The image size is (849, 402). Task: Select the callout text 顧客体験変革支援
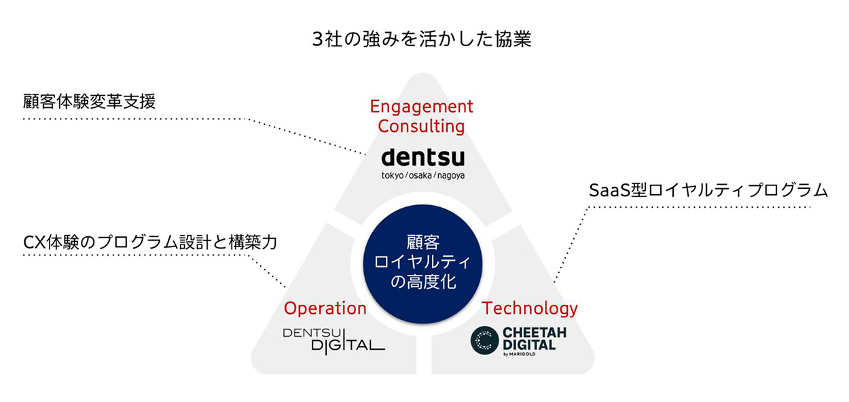point(89,102)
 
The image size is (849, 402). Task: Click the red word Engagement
point(422,107)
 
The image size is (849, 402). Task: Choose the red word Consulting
point(422,126)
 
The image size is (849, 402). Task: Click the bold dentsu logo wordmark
point(423,158)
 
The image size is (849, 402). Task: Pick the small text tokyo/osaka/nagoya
point(424,175)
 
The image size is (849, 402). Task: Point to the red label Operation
point(325,308)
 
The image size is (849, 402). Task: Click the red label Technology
point(530,308)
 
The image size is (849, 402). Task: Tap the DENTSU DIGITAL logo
point(333,340)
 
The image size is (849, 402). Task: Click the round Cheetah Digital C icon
point(484,340)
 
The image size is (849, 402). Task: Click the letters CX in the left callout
point(34,242)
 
